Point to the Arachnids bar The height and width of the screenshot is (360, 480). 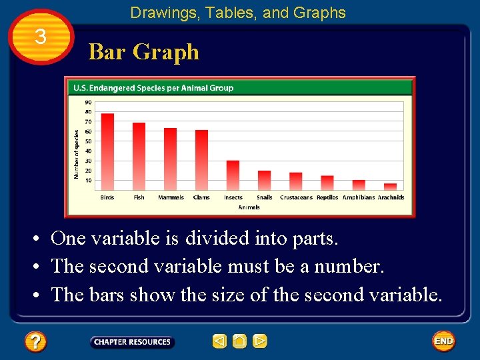tap(390, 187)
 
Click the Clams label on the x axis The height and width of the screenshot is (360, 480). tap(201, 197)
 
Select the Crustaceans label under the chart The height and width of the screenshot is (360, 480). tap(296, 197)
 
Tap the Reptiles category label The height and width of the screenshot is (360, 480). tap(327, 197)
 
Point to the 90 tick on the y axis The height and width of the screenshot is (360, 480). tap(88, 102)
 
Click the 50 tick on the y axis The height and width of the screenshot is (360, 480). tap(88, 141)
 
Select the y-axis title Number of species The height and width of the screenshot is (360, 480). tap(76, 153)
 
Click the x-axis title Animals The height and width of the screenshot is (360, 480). tap(249, 207)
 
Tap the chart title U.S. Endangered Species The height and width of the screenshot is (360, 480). tap(153, 87)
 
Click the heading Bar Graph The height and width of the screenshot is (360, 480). tap(144, 51)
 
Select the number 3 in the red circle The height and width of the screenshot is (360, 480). tap(41, 37)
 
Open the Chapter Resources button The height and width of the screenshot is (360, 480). tap(132, 342)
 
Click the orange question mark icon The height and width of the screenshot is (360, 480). tap(35, 343)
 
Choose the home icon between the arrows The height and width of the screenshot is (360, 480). tap(240, 341)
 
